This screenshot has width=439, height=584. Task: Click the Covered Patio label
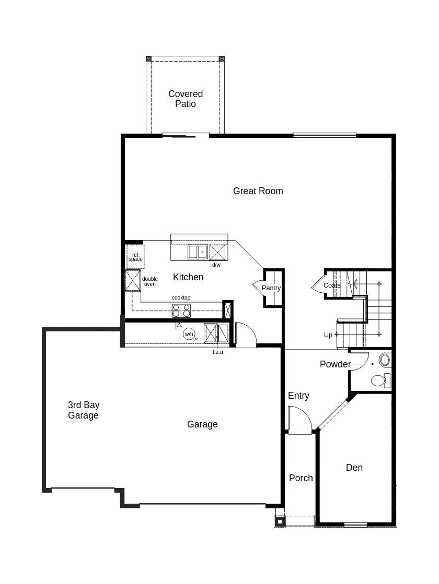click(x=186, y=99)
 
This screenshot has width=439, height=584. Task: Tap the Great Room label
click(x=258, y=191)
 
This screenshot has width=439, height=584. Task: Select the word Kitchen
click(x=188, y=277)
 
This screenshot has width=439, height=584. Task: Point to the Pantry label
click(x=271, y=288)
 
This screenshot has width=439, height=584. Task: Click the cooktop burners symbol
click(x=181, y=311)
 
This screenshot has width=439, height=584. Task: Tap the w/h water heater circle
click(x=189, y=334)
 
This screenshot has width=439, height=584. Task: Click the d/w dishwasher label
click(x=216, y=265)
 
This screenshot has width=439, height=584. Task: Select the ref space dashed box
click(x=135, y=257)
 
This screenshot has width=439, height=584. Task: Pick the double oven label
click(x=150, y=281)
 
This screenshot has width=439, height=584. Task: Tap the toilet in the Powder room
click(x=379, y=380)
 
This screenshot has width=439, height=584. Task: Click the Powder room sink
click(x=385, y=360)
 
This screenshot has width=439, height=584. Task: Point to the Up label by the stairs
click(x=328, y=335)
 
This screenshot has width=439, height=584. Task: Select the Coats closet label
click(x=332, y=285)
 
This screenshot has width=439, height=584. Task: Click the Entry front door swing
click(x=299, y=421)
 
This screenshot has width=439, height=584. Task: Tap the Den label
click(x=354, y=468)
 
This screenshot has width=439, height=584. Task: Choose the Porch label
click(x=301, y=478)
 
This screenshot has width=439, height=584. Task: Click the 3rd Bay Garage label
click(x=84, y=410)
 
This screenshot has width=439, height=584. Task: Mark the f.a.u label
click(x=217, y=352)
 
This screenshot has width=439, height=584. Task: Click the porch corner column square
click(x=280, y=521)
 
